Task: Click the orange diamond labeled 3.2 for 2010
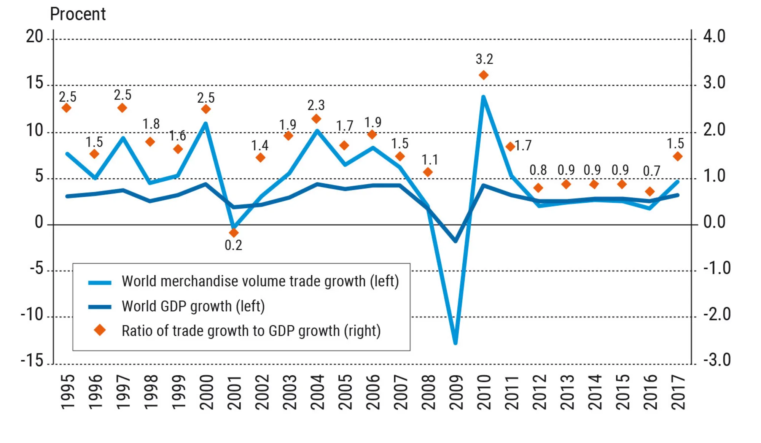tap(484, 75)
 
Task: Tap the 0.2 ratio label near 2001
tap(233, 246)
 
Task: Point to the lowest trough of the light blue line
tap(455, 343)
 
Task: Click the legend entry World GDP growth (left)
tap(193, 306)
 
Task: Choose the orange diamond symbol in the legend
tap(100, 330)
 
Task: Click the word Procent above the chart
tap(78, 14)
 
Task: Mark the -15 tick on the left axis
tap(32, 360)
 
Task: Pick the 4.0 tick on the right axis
tap(714, 37)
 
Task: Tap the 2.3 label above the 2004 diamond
tap(316, 105)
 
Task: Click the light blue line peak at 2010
tap(483, 97)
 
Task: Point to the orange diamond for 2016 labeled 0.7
tap(650, 191)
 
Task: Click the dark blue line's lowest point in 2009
tap(455, 241)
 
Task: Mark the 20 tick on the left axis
tap(34, 37)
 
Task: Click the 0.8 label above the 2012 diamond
tap(538, 170)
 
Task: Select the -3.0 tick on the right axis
tap(717, 360)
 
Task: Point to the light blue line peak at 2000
tap(205, 124)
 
